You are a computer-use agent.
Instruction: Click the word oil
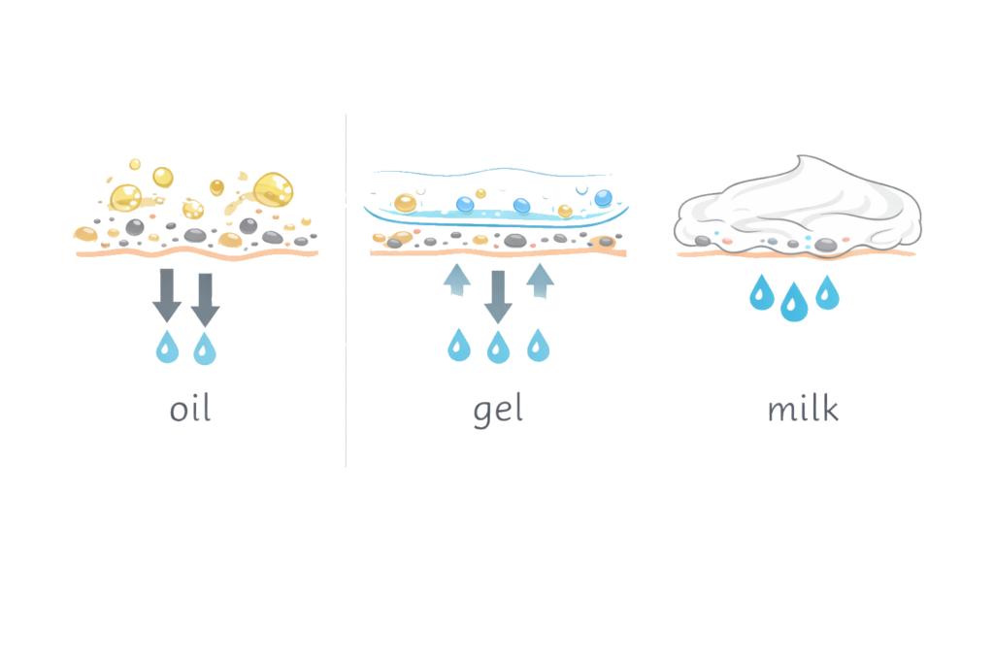(x=190, y=409)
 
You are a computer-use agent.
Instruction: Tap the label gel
(x=498, y=409)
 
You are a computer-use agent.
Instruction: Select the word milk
(x=803, y=409)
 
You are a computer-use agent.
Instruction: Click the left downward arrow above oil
(x=167, y=295)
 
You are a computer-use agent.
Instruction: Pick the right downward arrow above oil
(x=205, y=299)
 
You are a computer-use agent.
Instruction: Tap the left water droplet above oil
(x=167, y=347)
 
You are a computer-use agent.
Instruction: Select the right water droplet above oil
(x=204, y=348)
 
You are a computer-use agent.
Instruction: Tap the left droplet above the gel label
(x=458, y=346)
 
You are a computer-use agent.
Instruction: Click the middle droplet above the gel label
(x=498, y=347)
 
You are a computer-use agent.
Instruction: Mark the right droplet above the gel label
(x=538, y=346)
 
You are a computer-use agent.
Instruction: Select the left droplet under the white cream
(x=762, y=292)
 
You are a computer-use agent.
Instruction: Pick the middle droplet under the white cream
(x=794, y=302)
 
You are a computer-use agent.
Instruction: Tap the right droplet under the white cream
(x=827, y=292)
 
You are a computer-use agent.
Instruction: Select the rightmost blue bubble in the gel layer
(x=603, y=198)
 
